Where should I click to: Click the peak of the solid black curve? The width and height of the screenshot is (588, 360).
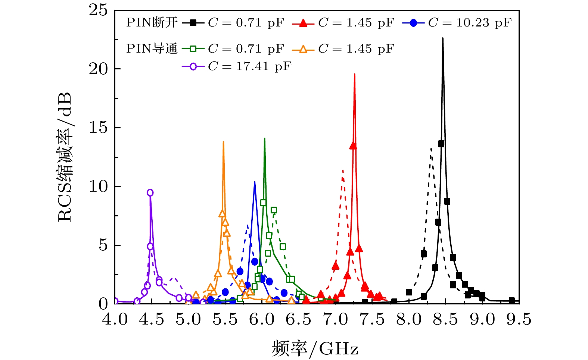[x=443, y=38]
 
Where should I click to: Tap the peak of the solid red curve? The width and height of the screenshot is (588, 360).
[x=354, y=74]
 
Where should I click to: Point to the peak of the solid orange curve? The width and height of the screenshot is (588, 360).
[x=223, y=142]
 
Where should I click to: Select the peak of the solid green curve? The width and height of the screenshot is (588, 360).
[x=264, y=138]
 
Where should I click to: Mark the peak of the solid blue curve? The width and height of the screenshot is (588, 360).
[x=255, y=182]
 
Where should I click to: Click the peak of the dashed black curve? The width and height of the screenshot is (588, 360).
[x=431, y=148]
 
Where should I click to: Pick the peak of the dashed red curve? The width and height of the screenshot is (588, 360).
[x=342, y=170]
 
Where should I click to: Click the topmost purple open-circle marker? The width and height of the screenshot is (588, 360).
[x=150, y=192]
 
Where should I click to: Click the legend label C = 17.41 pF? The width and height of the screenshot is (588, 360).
[x=249, y=66]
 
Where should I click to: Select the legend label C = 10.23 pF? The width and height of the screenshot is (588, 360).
[x=469, y=23]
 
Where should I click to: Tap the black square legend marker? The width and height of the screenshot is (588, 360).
[x=193, y=23]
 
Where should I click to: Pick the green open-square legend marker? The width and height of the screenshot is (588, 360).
[x=193, y=49]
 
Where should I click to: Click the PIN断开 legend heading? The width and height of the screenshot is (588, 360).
[x=152, y=23]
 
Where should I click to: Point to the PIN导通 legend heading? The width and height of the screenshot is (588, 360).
[x=152, y=49]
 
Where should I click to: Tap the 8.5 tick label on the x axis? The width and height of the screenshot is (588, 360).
[x=445, y=319]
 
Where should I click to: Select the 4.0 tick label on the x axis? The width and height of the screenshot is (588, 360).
[x=115, y=319]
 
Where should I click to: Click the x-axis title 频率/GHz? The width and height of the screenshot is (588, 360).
[x=315, y=348]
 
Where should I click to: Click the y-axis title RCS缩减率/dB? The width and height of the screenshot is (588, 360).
[x=65, y=157]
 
